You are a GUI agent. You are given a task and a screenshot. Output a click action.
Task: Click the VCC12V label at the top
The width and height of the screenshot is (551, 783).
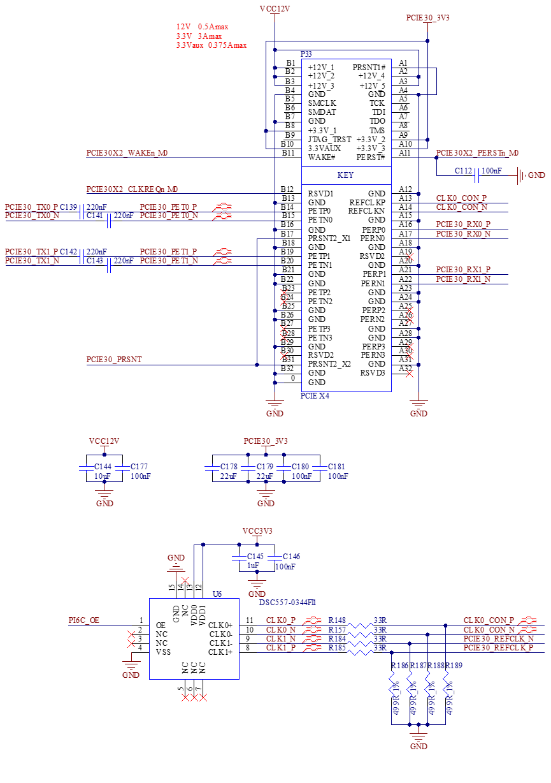(275, 9)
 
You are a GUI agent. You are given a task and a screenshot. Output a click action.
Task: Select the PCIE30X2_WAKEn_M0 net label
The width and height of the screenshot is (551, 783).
(127, 153)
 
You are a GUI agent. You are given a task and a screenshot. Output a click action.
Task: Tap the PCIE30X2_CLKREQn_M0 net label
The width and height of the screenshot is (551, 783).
(132, 189)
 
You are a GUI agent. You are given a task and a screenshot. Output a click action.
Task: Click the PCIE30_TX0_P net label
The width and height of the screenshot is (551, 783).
(31, 207)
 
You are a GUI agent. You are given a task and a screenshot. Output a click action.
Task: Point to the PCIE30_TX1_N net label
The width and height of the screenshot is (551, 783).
(32, 261)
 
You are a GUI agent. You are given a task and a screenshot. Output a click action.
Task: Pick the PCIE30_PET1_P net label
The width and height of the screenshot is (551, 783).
(168, 252)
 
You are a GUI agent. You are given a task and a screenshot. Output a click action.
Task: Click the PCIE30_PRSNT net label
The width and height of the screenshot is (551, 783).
(114, 360)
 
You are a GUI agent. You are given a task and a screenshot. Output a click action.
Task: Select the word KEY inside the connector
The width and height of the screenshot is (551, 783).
(346, 175)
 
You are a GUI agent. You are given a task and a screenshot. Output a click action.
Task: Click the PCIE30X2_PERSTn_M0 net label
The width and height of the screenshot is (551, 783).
(477, 153)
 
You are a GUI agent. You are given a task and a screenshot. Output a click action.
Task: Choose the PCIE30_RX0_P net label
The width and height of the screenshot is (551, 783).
(463, 224)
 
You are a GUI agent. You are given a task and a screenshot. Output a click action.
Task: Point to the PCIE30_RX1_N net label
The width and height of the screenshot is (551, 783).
(463, 279)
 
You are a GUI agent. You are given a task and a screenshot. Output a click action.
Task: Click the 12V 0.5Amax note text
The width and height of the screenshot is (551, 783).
(203, 27)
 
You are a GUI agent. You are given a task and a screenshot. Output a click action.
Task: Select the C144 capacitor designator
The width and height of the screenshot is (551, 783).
(103, 467)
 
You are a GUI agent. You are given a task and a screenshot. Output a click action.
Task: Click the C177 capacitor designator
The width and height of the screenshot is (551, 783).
(139, 467)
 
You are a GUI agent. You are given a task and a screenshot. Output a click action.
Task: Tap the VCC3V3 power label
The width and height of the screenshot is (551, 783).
(257, 531)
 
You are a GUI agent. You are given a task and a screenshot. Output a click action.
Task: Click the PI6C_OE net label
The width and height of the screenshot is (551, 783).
(84, 620)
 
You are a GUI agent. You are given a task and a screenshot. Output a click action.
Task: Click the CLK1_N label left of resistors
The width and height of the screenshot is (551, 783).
(281, 639)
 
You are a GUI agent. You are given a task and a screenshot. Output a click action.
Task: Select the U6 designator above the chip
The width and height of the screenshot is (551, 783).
(217, 594)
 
